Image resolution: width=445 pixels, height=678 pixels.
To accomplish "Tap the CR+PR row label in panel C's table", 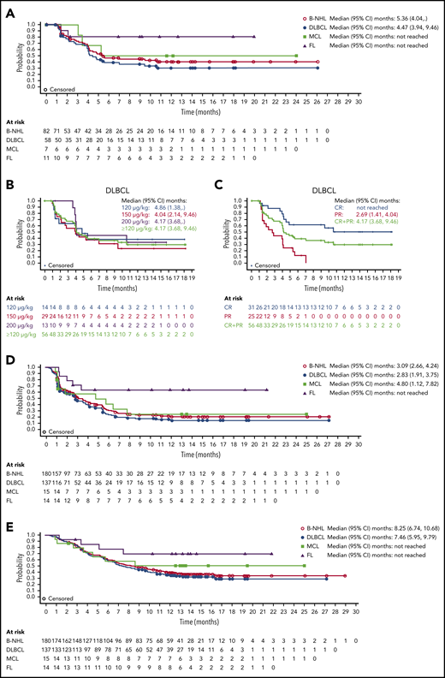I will pyautogui.click(x=243, y=336).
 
